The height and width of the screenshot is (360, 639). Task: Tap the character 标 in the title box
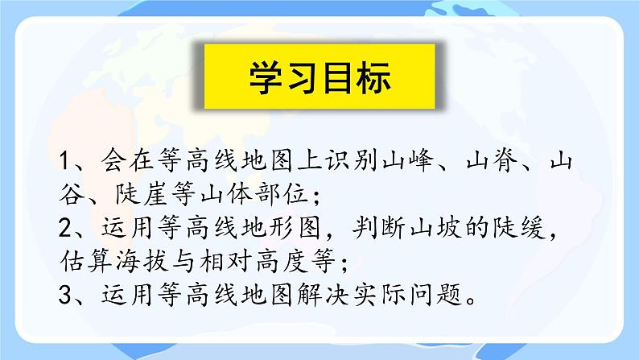373,78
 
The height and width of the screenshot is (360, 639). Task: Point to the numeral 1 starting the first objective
68,160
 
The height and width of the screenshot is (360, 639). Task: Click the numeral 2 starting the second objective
68,228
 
